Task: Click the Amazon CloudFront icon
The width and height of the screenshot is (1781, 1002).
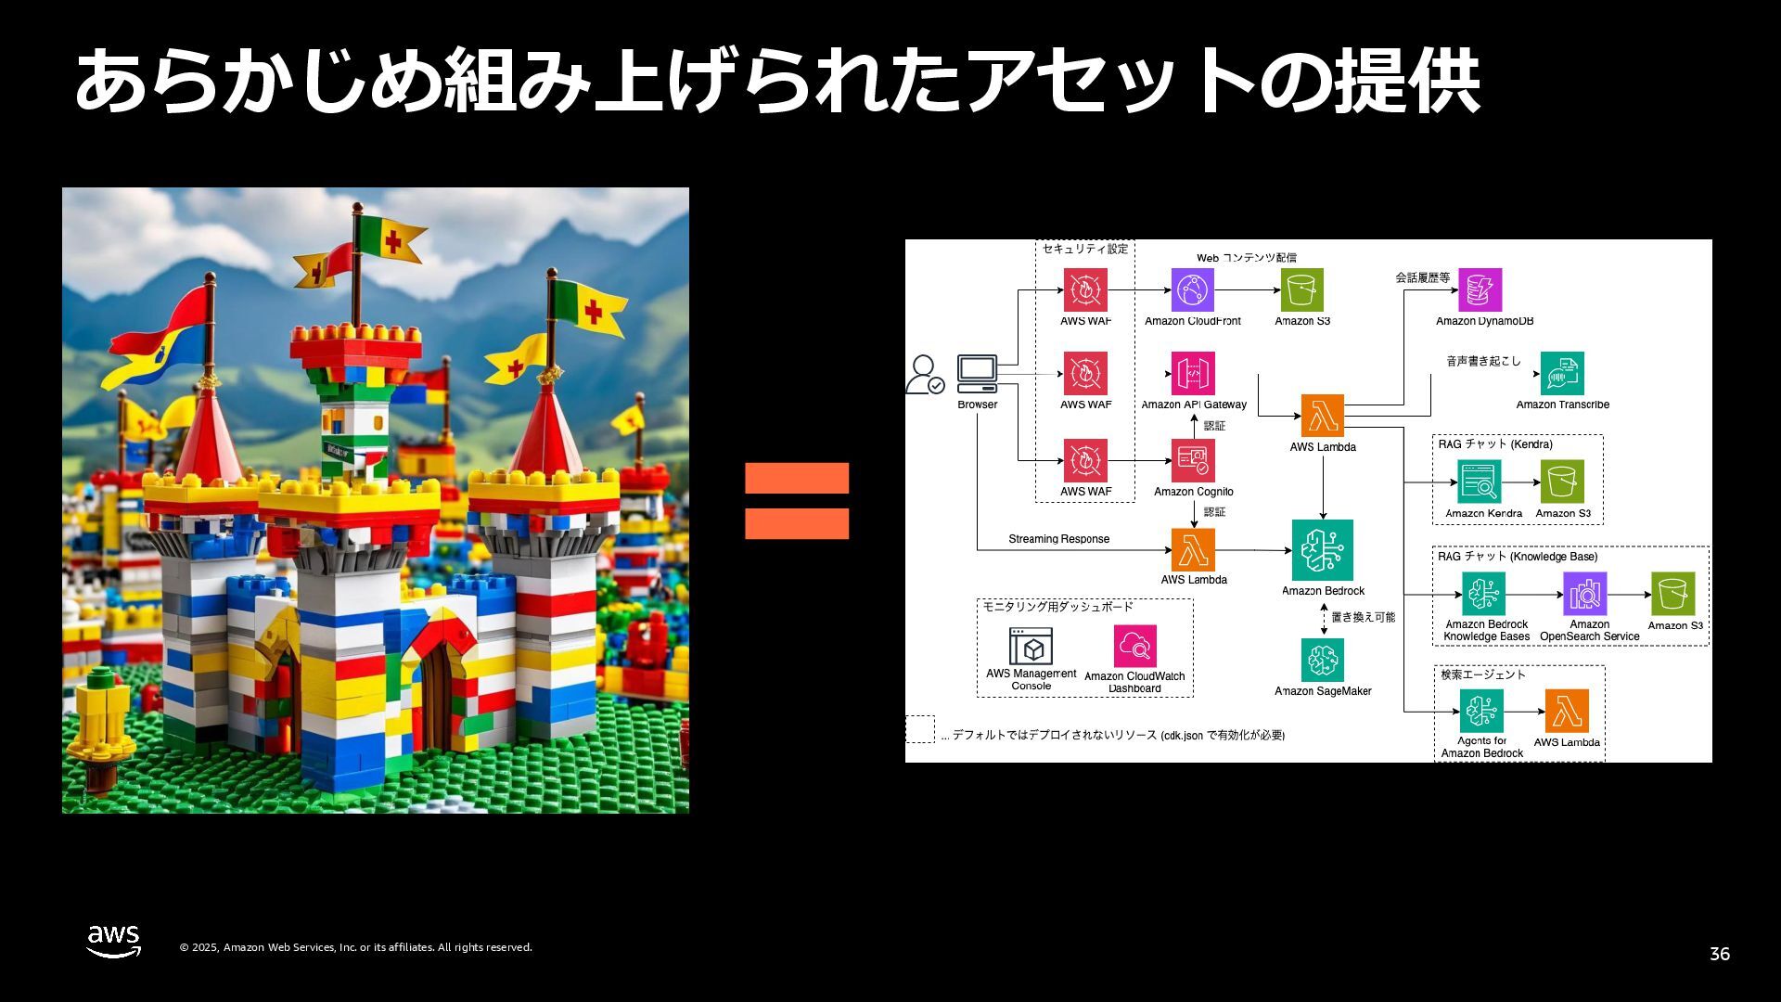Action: click(1192, 290)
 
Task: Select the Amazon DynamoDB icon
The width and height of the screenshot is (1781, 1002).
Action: click(1480, 290)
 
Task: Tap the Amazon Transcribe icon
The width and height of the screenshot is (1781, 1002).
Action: click(1562, 373)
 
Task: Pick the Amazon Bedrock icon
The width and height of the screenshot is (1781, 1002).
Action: click(1322, 550)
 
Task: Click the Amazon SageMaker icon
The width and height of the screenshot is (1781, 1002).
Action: click(1322, 660)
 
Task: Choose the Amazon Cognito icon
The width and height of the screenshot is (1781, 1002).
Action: click(1193, 460)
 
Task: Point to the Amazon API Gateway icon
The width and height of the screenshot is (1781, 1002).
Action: click(1193, 373)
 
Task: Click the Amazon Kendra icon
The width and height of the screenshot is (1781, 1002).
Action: click(1479, 482)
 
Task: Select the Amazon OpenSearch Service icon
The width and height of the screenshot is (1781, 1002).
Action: click(1584, 594)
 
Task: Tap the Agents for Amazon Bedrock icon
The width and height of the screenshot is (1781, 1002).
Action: click(1481, 711)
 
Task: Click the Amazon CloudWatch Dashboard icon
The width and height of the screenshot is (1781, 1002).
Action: click(1134, 646)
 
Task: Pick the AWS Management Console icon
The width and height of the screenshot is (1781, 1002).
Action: click(1031, 646)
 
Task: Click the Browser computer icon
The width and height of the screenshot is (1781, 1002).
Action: click(977, 373)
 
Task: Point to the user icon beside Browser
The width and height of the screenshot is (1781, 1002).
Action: click(924, 375)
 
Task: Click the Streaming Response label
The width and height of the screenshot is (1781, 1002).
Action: click(1058, 539)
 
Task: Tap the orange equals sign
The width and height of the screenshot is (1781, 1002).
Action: click(796, 501)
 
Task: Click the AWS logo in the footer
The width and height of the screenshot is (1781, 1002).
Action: click(113, 941)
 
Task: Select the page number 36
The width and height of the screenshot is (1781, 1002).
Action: click(1719, 954)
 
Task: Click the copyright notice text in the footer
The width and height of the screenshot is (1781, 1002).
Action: click(355, 947)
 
